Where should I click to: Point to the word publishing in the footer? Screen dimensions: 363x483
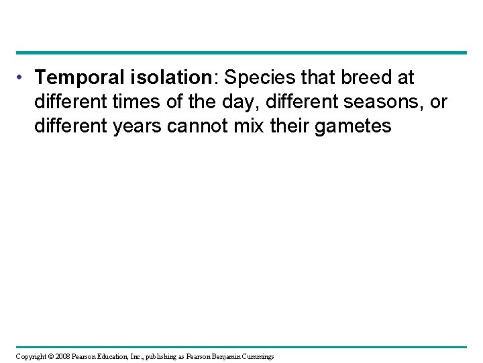175,355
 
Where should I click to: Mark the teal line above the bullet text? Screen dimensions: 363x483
241,52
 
